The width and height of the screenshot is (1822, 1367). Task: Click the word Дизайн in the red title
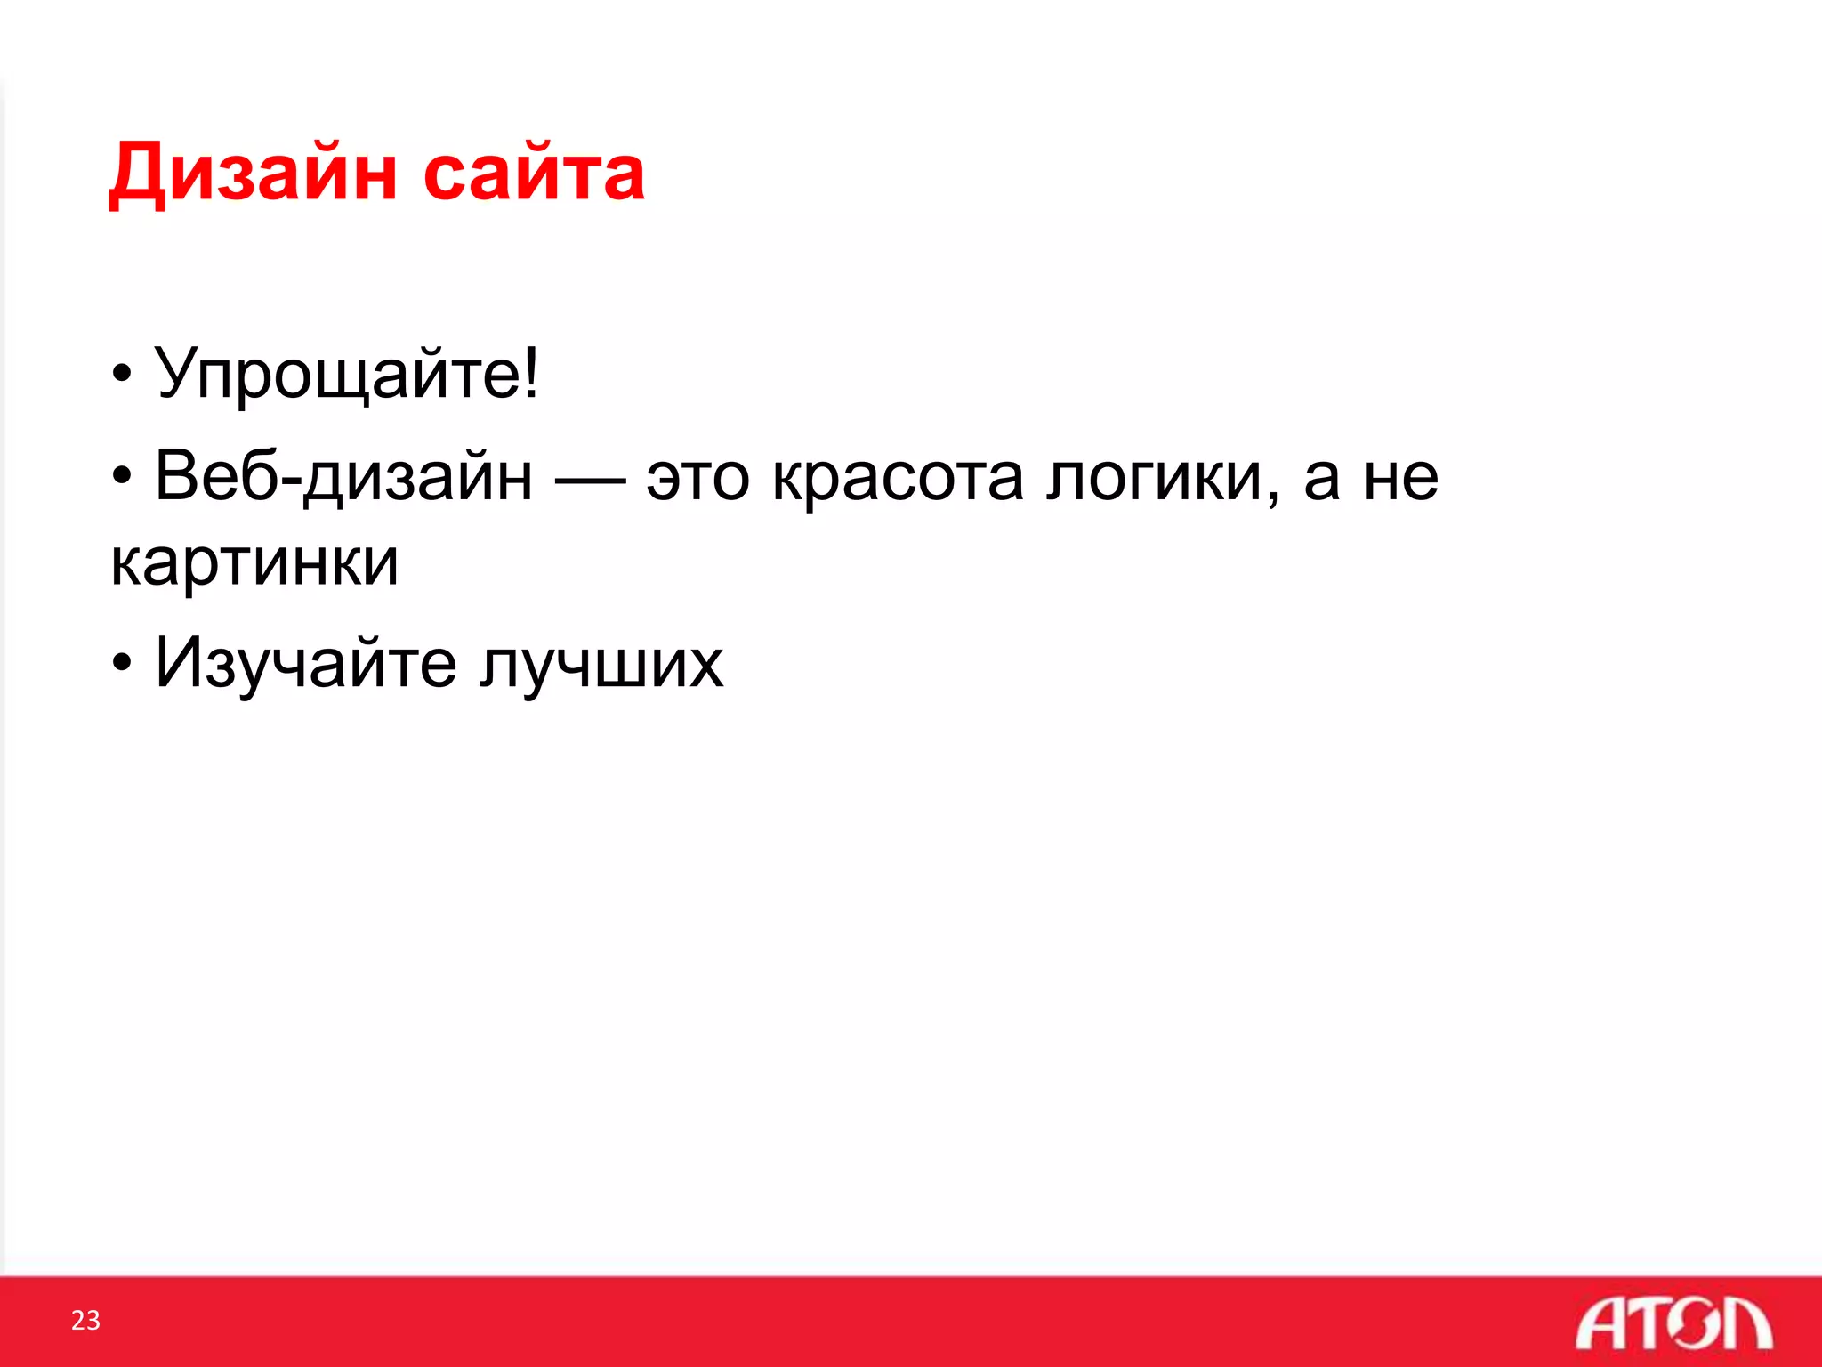coord(253,173)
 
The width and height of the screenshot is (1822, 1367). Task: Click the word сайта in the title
coord(534,173)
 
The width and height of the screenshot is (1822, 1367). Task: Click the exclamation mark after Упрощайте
coord(531,372)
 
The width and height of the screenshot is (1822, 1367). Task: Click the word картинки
coord(254,562)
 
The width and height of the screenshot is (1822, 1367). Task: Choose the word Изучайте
coord(306,664)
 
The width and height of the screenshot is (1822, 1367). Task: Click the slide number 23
coord(85,1320)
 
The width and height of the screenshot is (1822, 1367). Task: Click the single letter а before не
coord(1322,481)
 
